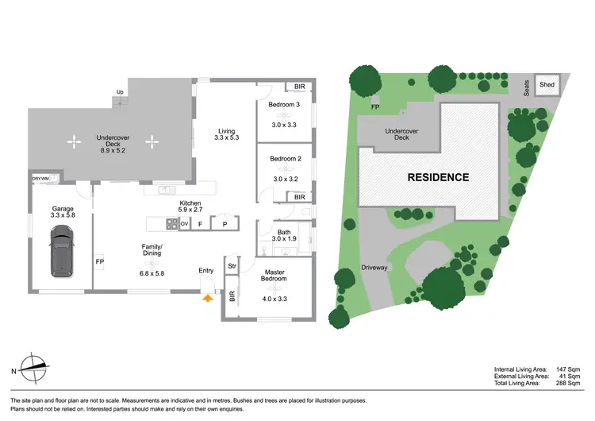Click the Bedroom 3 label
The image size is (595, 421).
284,105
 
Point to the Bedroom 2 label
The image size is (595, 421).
284,159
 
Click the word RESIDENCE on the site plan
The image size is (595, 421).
438,177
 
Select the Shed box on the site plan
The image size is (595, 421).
547,84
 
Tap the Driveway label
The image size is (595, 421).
374,268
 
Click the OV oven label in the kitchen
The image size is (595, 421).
184,224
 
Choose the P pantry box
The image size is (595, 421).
225,224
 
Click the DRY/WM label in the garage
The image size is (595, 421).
41,179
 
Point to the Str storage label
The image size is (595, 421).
232,265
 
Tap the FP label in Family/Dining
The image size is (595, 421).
100,261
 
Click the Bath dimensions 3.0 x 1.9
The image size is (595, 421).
283,238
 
